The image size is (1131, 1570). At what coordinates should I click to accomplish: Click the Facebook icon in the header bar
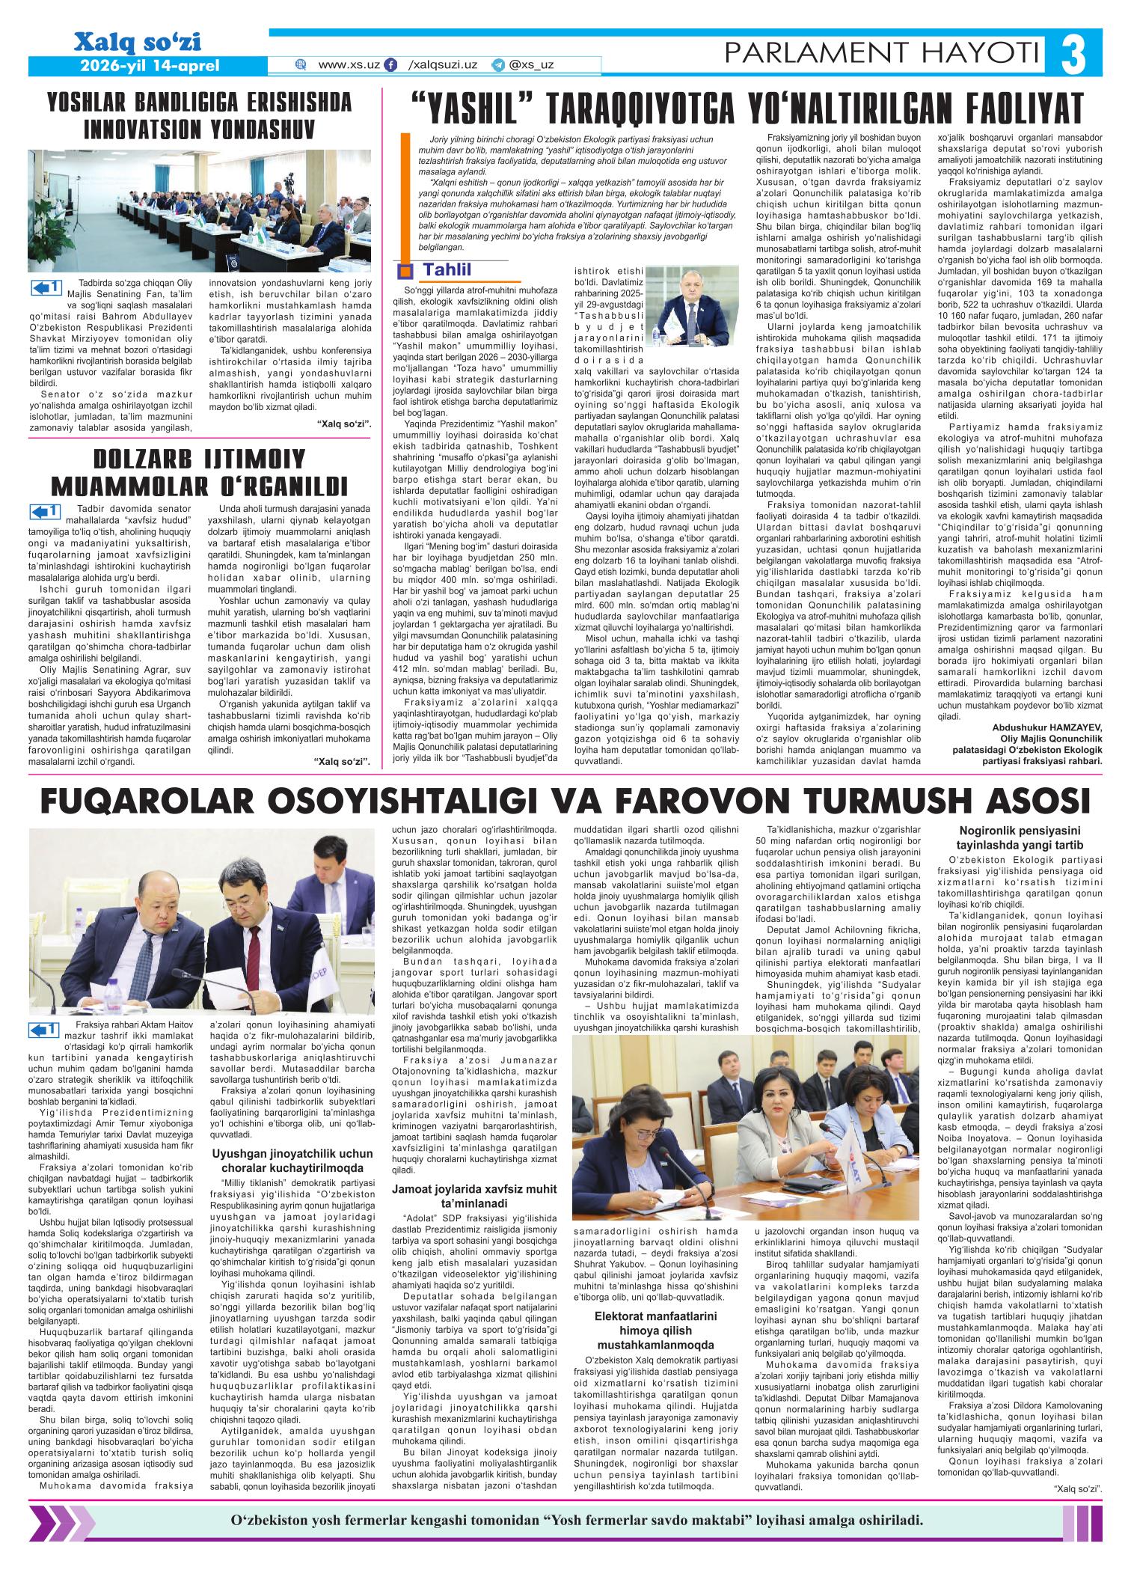[390, 66]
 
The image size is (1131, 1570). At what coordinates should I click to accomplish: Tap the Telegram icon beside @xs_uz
[497, 66]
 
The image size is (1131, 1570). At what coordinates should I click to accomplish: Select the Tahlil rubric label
[447, 269]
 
